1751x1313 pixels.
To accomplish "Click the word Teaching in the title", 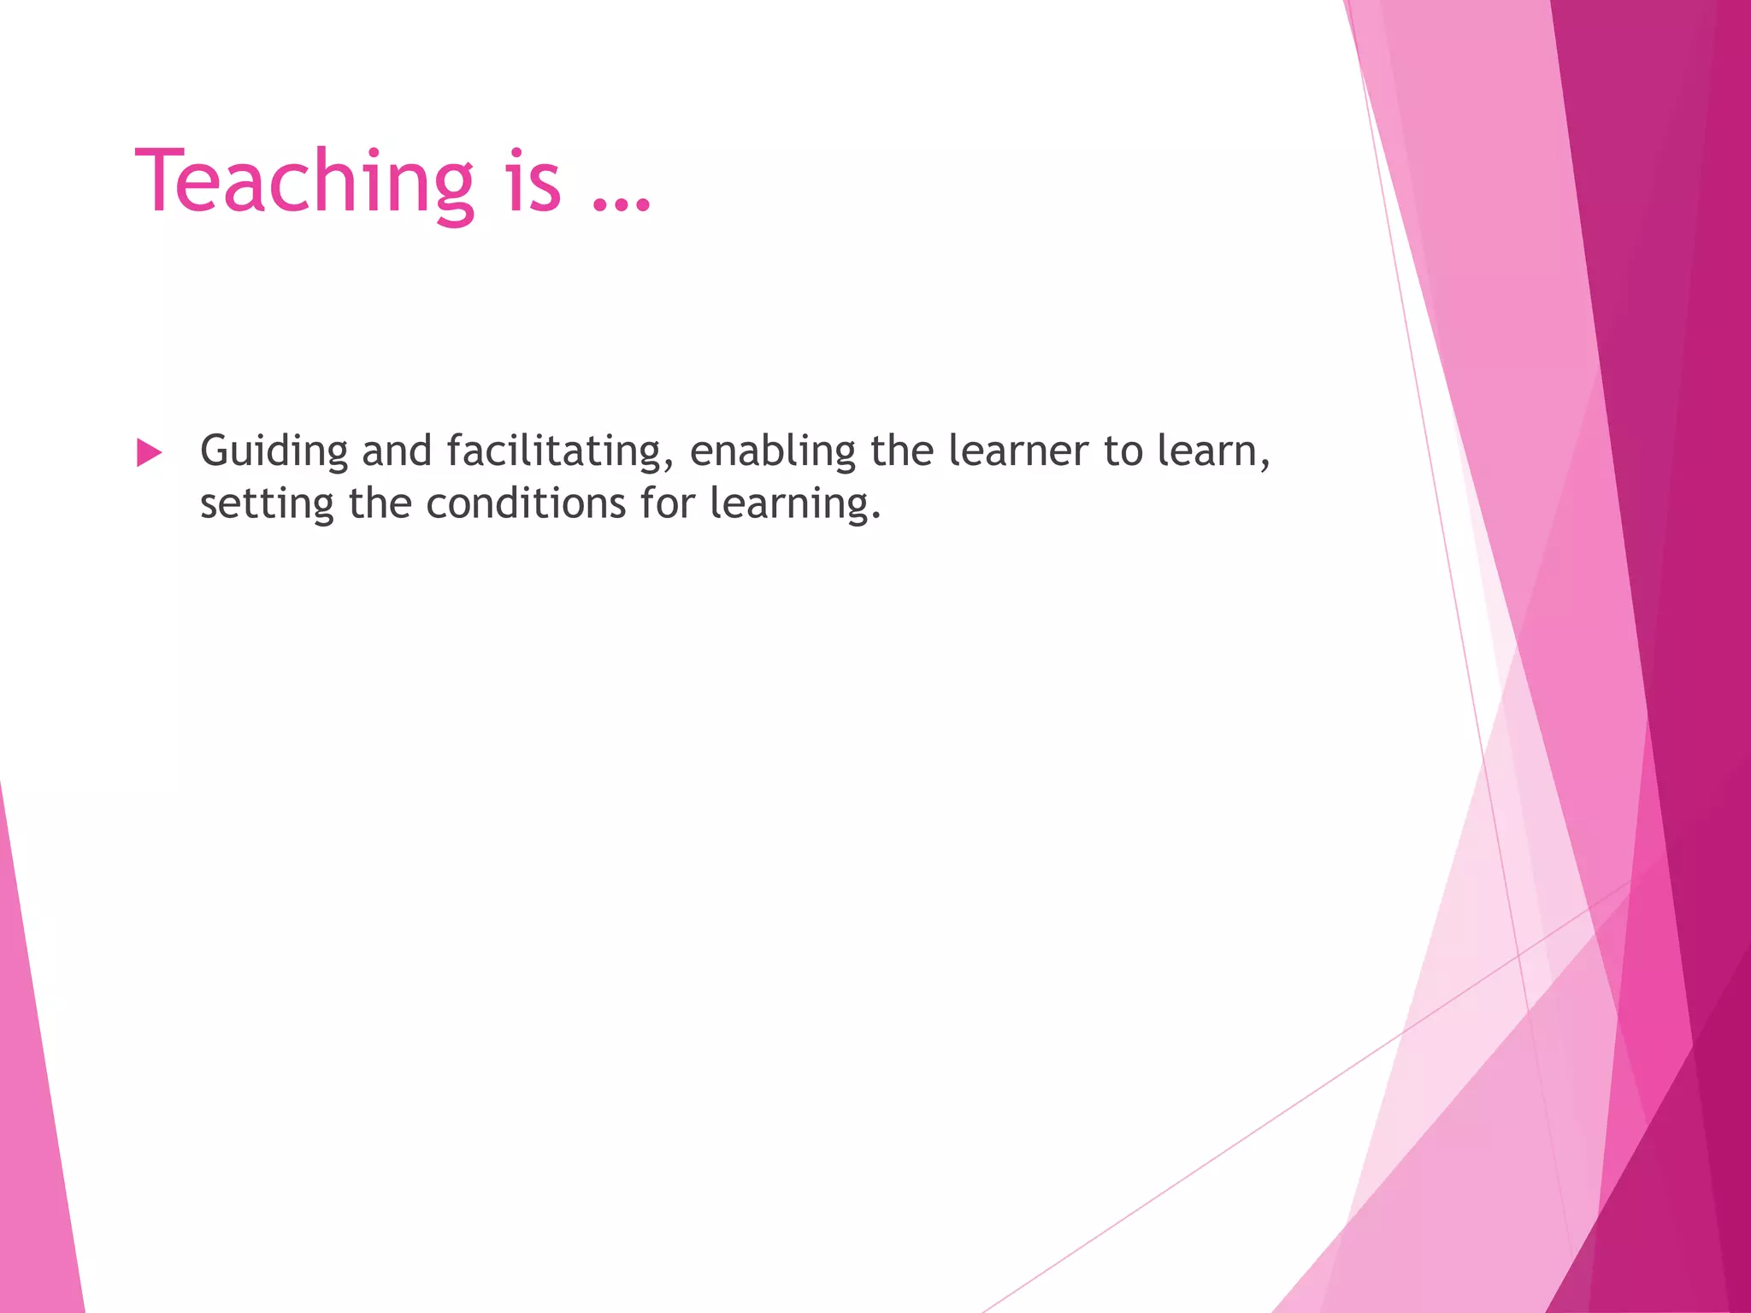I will tap(304, 181).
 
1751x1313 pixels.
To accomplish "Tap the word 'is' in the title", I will tap(534, 181).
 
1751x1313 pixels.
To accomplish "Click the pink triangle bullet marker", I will tap(149, 452).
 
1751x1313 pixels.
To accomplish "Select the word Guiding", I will tap(274, 451).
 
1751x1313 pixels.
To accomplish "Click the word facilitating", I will tap(553, 451).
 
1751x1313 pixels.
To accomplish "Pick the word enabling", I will tap(772, 451).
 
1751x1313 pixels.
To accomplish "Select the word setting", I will tap(266, 503).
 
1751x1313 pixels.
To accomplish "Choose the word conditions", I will tap(526, 503).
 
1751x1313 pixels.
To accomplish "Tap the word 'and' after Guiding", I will tap(397, 451).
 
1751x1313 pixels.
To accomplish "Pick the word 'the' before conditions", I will tap(380, 503).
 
